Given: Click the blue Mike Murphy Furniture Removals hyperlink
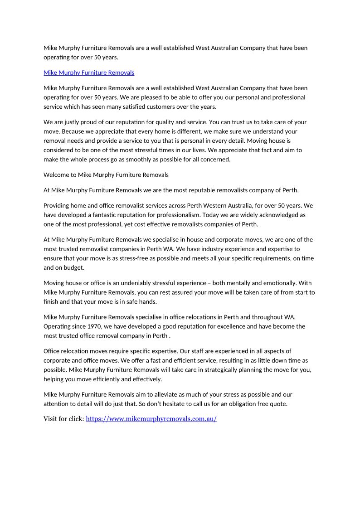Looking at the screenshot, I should point(89,73).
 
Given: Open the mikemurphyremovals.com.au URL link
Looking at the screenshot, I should point(151,419).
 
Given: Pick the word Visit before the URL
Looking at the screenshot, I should point(50,419).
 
